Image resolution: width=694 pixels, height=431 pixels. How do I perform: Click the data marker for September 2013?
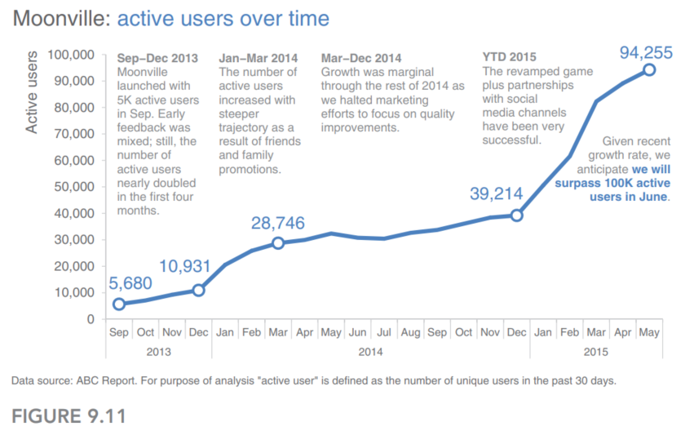coord(118,304)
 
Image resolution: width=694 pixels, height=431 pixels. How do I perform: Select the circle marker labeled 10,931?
coord(198,290)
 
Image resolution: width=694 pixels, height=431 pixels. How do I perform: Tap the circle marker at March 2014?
coord(278,242)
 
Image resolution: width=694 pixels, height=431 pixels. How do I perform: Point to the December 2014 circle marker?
coord(516,215)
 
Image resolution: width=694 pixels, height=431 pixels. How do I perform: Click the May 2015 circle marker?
coord(649,69)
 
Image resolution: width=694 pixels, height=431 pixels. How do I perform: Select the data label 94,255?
coord(646,53)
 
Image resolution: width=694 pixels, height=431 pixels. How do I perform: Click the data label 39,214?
coord(496,193)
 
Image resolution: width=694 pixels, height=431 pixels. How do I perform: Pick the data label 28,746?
coord(278,223)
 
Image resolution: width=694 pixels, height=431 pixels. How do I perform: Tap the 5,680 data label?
coord(130,283)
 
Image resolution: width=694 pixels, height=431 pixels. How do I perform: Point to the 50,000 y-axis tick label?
coord(74,186)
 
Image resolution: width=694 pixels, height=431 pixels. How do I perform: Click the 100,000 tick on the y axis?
coord(71,55)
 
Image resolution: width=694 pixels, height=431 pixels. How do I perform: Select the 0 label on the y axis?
coord(91,319)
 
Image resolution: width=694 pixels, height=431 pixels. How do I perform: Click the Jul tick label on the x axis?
coord(384,332)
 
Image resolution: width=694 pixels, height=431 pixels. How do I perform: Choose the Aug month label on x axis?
coord(410,332)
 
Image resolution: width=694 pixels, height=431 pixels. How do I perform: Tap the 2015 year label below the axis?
coord(596,352)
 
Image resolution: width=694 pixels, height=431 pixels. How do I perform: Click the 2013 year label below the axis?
coord(158,352)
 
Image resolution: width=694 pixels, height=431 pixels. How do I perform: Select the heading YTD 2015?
coord(509,56)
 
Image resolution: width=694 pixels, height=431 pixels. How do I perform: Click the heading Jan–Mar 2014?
coord(258,58)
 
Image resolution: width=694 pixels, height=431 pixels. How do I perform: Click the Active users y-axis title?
coord(31,92)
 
